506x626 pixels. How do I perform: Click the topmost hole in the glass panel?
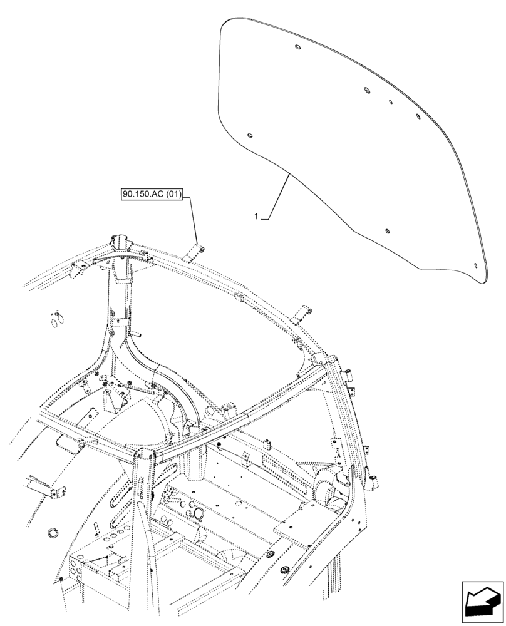296,48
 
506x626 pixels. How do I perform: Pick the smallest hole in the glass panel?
390,101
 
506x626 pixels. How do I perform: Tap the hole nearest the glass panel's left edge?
250,135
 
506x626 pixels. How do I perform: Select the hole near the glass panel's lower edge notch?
387,231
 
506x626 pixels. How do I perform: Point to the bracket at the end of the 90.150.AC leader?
195,250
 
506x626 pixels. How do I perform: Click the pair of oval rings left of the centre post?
57,318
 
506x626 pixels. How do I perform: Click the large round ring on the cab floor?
200,513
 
